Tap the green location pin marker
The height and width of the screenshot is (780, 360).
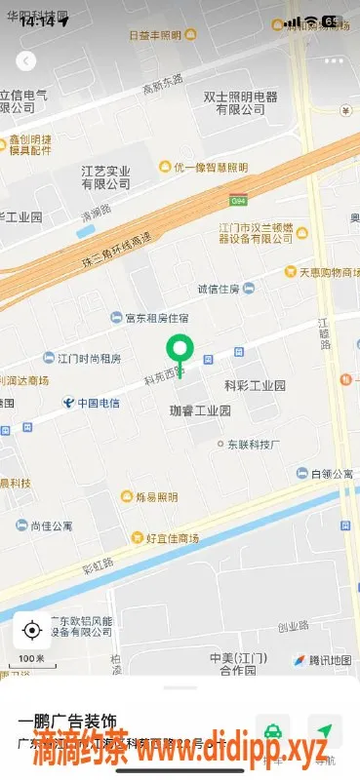point(178,350)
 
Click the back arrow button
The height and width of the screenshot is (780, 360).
point(26,60)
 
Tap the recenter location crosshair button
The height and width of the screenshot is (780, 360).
point(31,631)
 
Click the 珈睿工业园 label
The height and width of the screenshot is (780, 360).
point(199,411)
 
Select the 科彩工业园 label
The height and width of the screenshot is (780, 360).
point(255,386)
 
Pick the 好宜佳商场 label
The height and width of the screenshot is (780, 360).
point(172,538)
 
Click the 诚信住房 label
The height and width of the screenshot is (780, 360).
point(219,289)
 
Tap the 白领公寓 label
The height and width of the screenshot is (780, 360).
point(331,475)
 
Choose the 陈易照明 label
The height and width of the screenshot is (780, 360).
point(156,497)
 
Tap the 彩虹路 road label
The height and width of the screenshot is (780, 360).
point(98,564)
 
